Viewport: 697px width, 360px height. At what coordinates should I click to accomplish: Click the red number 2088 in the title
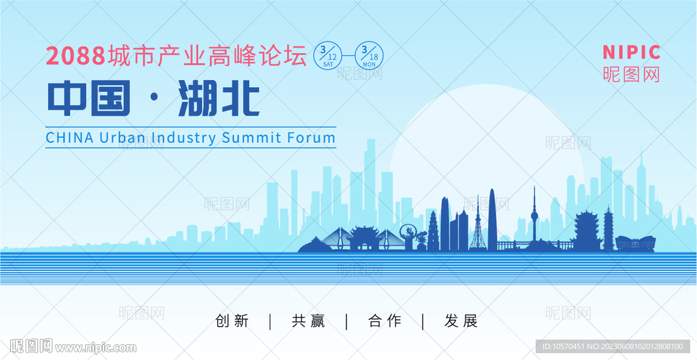76,56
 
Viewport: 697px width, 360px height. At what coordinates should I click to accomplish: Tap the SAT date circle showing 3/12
328,56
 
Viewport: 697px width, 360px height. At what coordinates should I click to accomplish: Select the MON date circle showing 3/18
369,56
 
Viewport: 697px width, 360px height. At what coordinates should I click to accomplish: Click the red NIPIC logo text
631,52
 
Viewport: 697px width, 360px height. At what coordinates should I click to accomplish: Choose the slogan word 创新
231,321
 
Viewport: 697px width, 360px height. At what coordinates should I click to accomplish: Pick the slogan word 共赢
308,321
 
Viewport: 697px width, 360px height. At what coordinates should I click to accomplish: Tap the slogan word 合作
385,321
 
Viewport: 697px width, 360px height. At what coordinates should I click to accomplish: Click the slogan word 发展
461,321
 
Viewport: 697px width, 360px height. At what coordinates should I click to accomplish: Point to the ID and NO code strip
613,346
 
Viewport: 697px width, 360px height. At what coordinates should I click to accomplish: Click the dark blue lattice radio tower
479,225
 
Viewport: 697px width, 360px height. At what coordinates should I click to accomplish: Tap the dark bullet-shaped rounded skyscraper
493,220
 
